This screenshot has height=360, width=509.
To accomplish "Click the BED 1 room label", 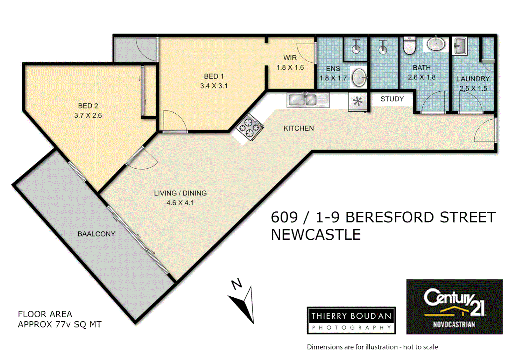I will pyautogui.click(x=214, y=76).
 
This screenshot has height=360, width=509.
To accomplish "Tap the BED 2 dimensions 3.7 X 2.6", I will pyautogui.click(x=88, y=115).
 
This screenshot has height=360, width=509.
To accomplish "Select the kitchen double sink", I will pyautogui.click(x=307, y=100).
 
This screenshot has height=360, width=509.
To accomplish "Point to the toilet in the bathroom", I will pyautogui.click(x=409, y=45).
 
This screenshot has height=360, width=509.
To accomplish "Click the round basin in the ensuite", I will pyautogui.click(x=359, y=78).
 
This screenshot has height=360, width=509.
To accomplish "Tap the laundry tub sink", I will pyautogui.click(x=460, y=46).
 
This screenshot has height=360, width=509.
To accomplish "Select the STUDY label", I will pyautogui.click(x=392, y=99).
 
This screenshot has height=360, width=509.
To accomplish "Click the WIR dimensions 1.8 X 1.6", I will pyautogui.click(x=290, y=67).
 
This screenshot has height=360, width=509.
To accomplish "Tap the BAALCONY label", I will pyautogui.click(x=96, y=234).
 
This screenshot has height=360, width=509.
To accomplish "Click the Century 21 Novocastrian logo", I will pyautogui.click(x=454, y=307).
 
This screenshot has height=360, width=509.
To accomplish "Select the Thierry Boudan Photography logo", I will pyautogui.click(x=351, y=320).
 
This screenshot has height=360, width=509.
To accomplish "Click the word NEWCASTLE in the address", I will pyautogui.click(x=315, y=235).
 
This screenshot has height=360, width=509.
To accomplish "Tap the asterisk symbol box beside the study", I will pyautogui.click(x=358, y=101).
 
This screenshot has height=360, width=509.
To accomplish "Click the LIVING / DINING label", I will pyautogui.click(x=180, y=193).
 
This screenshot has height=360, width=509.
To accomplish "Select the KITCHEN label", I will pyautogui.click(x=298, y=128).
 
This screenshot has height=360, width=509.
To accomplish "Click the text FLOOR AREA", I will pyautogui.click(x=45, y=314).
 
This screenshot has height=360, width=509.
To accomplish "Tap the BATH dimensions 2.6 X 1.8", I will pyautogui.click(x=422, y=77).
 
